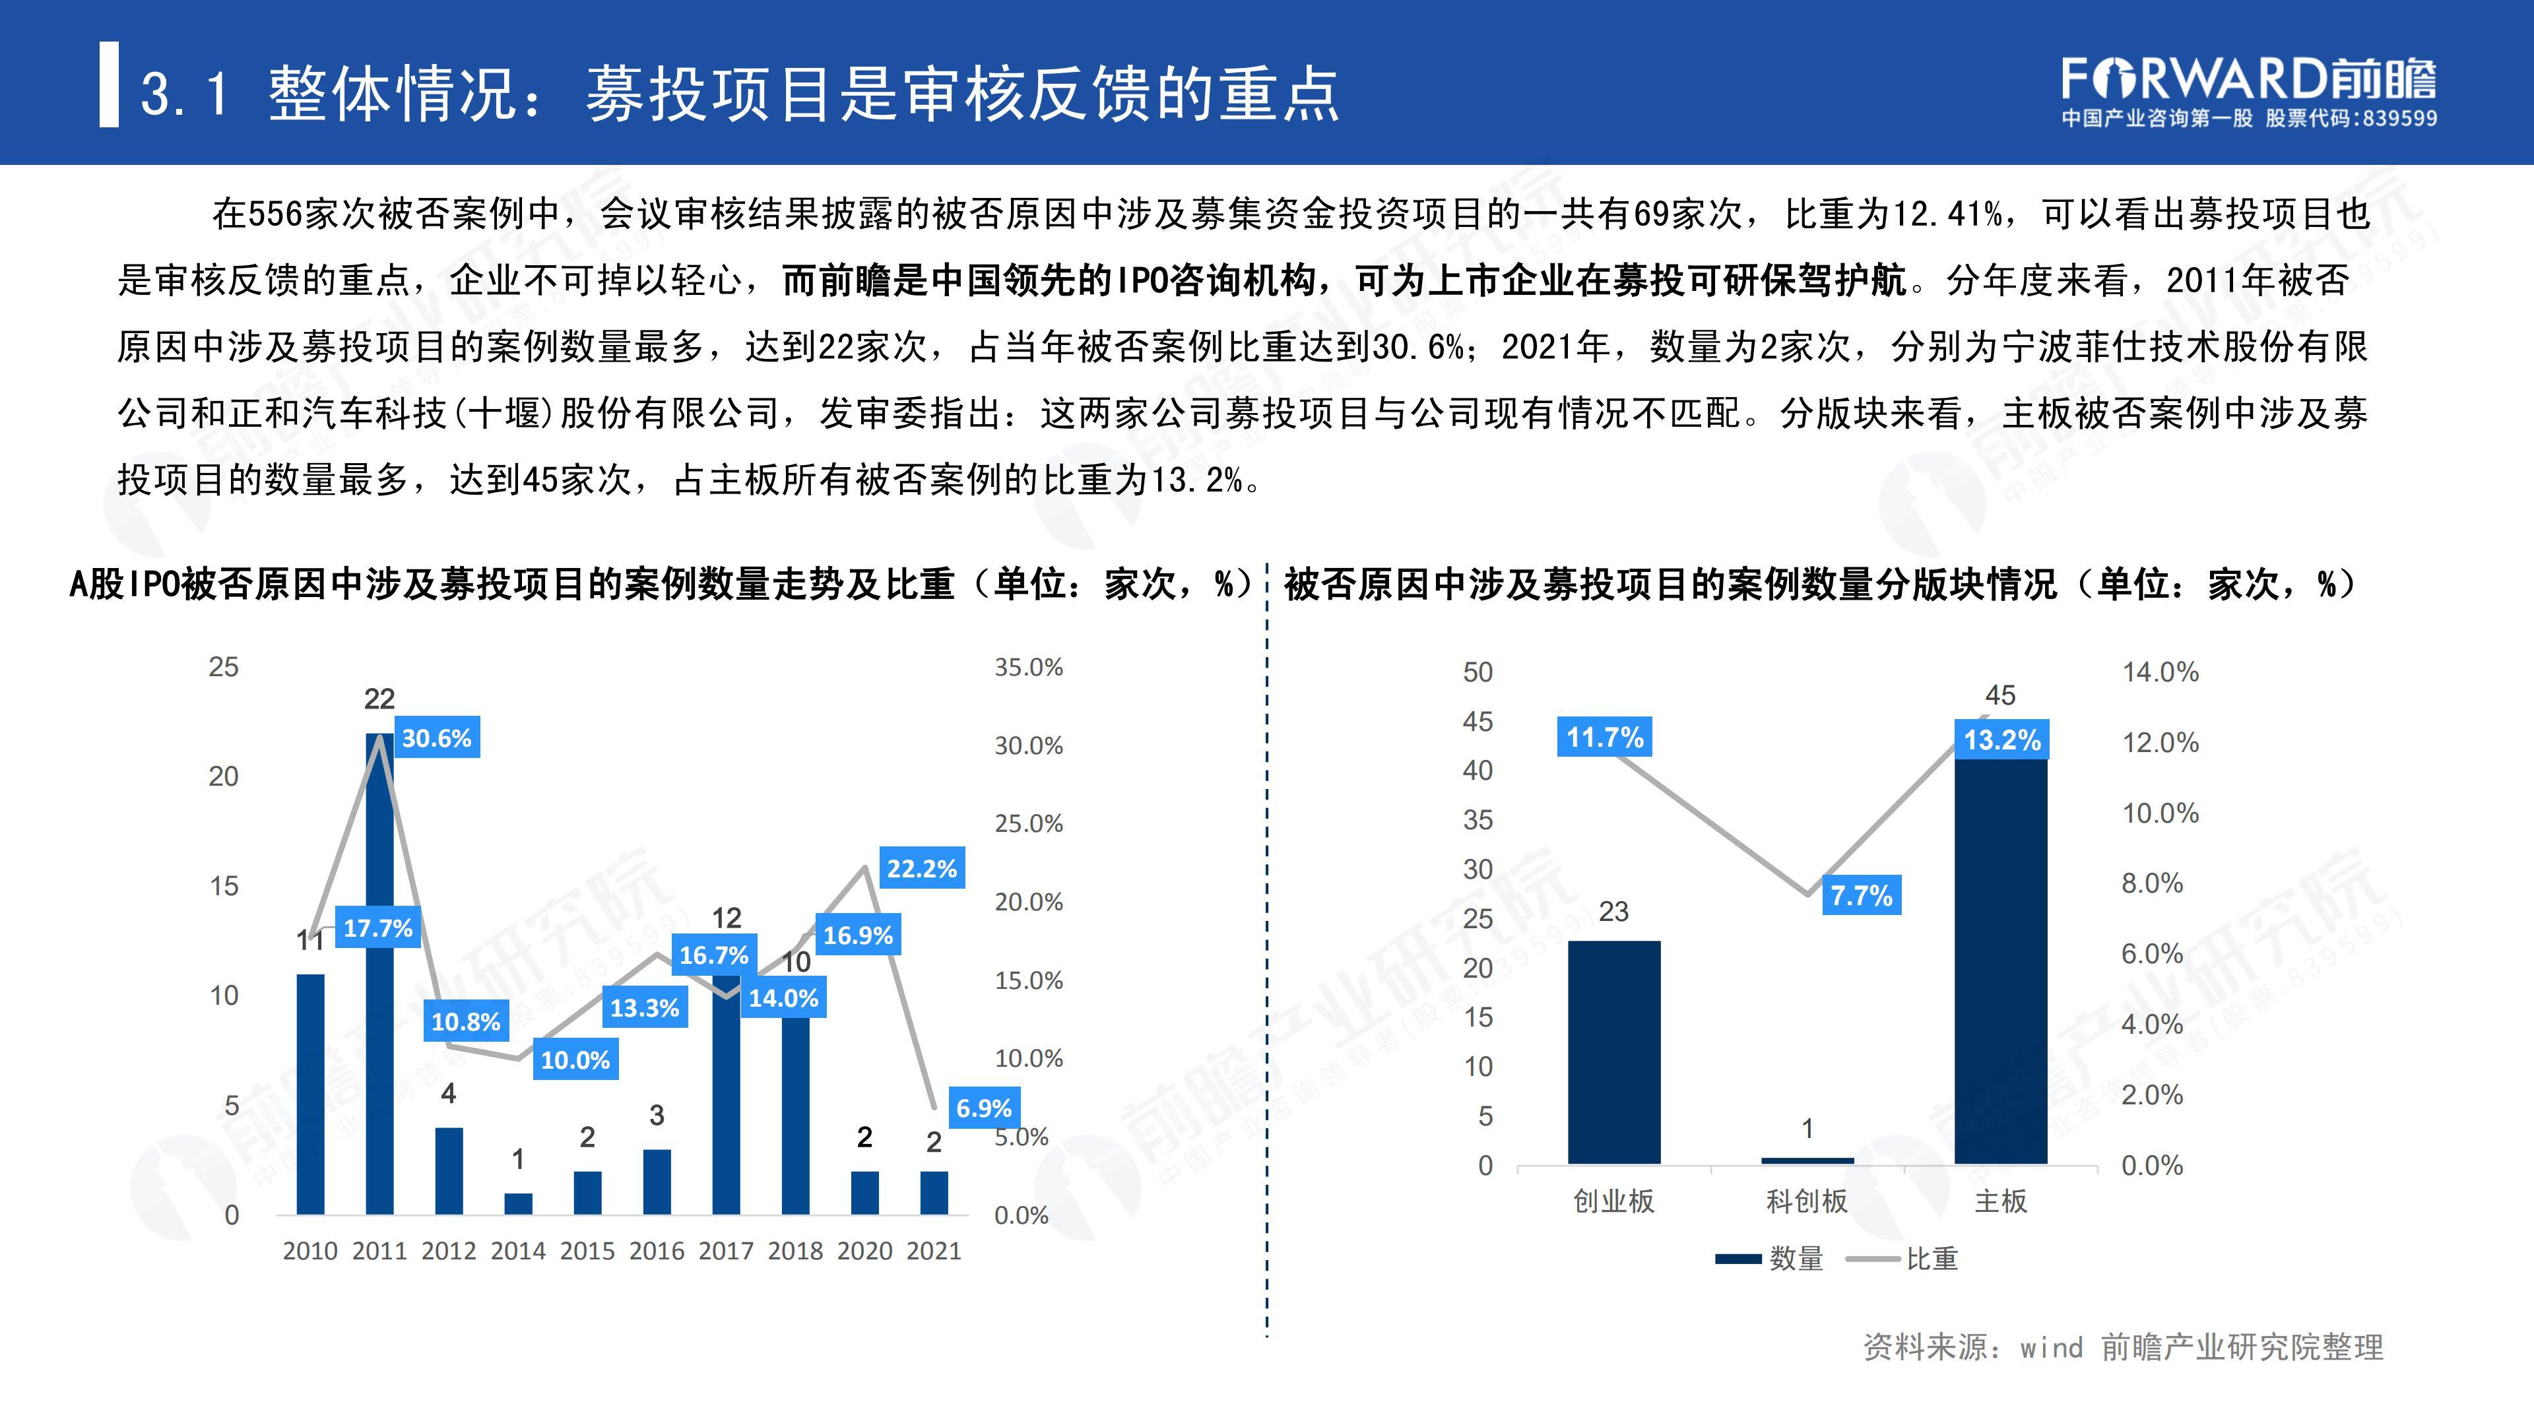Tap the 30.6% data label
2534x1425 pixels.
[x=437, y=738]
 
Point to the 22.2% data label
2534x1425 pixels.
[x=922, y=868]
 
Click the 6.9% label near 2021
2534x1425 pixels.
[x=984, y=1108]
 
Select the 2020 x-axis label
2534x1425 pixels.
[x=864, y=1251]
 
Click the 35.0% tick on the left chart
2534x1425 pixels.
[x=1028, y=668]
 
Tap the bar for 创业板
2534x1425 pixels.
[x=1613, y=1052]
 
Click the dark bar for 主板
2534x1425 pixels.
[x=2000, y=964]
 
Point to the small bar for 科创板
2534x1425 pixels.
[x=1807, y=1160]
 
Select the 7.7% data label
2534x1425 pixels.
[x=1861, y=896]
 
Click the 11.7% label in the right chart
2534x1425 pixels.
[x=1604, y=737]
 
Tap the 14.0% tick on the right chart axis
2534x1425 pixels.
[x=2160, y=673]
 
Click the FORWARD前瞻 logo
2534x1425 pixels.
[x=2249, y=79]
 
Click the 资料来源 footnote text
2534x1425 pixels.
[x=2123, y=1346]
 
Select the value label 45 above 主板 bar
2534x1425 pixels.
[x=2000, y=695]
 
